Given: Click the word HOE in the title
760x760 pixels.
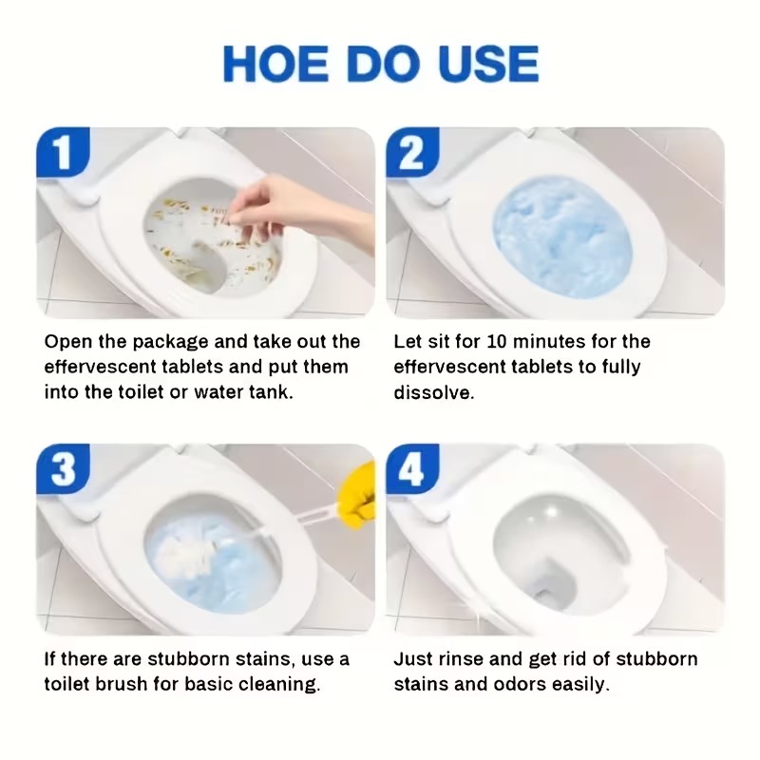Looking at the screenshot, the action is click(x=275, y=64).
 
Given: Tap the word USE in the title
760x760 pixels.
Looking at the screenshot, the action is click(x=488, y=64).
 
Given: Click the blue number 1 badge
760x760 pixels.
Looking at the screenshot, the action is click(x=63, y=151).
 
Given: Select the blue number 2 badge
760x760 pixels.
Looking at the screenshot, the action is click(x=412, y=151).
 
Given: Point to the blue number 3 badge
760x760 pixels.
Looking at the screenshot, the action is click(x=63, y=468).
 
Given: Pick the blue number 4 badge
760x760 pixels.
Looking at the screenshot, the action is click(x=412, y=468).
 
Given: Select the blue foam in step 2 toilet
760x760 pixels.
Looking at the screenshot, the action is click(x=561, y=237).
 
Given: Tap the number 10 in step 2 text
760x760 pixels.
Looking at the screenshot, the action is click(x=496, y=342).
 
